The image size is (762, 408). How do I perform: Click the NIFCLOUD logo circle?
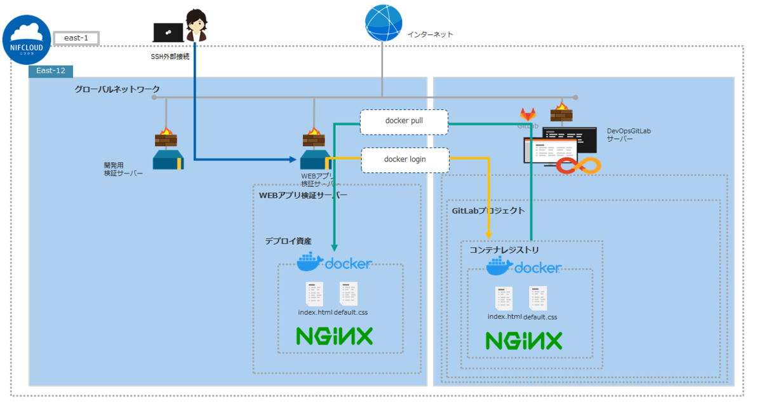[27, 39]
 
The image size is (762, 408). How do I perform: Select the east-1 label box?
[76, 38]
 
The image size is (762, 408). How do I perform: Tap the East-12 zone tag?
[51, 71]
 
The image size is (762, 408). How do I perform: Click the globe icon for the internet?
[384, 23]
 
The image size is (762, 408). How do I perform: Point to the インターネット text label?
[430, 34]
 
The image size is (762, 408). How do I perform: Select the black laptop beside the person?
[168, 32]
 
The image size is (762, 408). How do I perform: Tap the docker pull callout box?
[404, 121]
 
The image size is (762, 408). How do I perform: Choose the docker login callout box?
[404, 160]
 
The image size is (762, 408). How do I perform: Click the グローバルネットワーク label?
[117, 89]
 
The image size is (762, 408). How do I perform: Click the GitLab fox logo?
[528, 114]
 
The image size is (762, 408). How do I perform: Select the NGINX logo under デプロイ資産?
[334, 335]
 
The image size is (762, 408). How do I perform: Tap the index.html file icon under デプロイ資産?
[313, 294]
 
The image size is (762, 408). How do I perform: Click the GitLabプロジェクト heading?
[488, 210]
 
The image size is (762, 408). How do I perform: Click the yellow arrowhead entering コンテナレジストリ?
[489, 235]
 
